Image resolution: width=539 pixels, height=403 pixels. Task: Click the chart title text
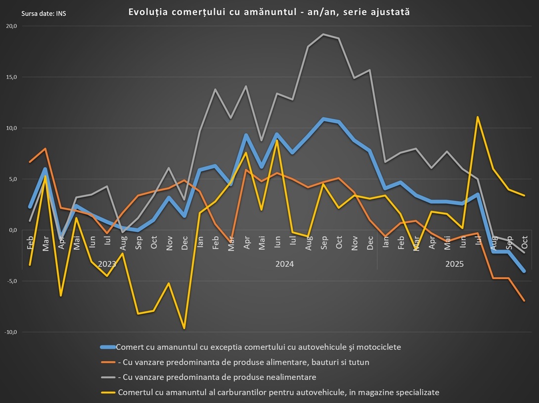pyautogui.click(x=269, y=12)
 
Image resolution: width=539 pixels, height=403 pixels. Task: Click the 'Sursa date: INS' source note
pyautogui.click(x=44, y=13)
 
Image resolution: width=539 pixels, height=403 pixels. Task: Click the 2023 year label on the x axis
pyautogui.click(x=107, y=264)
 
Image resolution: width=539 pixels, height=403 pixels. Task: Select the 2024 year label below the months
pyautogui.click(x=284, y=264)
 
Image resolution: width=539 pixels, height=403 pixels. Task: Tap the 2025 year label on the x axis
pyautogui.click(x=454, y=264)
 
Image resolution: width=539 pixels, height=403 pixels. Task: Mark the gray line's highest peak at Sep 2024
pyautogui.click(x=324, y=34)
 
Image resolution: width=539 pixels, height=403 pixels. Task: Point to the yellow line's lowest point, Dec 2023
pyautogui.click(x=184, y=328)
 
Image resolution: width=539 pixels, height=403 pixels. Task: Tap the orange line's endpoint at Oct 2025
pyautogui.click(x=524, y=301)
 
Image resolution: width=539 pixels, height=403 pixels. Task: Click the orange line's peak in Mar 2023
pyautogui.click(x=45, y=149)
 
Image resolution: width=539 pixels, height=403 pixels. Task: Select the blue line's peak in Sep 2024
pyautogui.click(x=324, y=119)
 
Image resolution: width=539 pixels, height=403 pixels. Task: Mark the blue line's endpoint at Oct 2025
pyautogui.click(x=524, y=271)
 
